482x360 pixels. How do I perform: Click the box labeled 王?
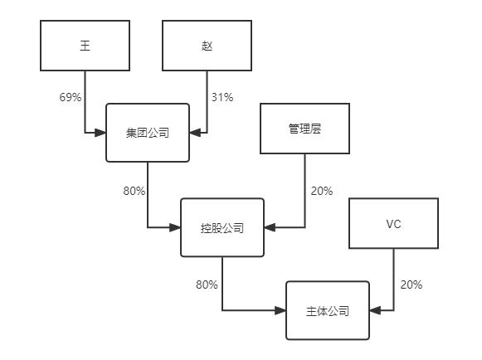pos(85,46)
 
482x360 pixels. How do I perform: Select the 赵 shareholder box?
pos(207,46)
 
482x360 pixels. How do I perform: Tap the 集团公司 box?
pos(148,132)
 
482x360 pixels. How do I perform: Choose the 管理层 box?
pos(304,129)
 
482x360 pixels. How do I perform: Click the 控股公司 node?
pos(222,227)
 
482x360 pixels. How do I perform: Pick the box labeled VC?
pos(393,224)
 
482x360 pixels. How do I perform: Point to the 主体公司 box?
pos(328,311)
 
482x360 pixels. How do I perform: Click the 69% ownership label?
pos(71,97)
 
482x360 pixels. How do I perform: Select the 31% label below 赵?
pos(222,97)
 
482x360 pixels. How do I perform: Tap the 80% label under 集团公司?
pos(134,191)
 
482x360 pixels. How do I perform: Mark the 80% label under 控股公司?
pos(207,285)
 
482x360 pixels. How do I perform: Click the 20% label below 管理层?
pos(321,191)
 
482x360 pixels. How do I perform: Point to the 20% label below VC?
pos(411,285)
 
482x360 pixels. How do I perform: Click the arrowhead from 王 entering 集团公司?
pos(101,132)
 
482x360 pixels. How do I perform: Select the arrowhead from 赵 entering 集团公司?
pos(195,132)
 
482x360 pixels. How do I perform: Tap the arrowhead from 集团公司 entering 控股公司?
pos(176,227)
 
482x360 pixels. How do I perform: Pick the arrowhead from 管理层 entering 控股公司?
pos(270,227)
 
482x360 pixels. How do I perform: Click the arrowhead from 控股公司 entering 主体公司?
pos(281,311)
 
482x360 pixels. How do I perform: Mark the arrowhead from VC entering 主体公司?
pos(375,311)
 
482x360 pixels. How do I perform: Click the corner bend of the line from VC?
pos(393,311)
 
